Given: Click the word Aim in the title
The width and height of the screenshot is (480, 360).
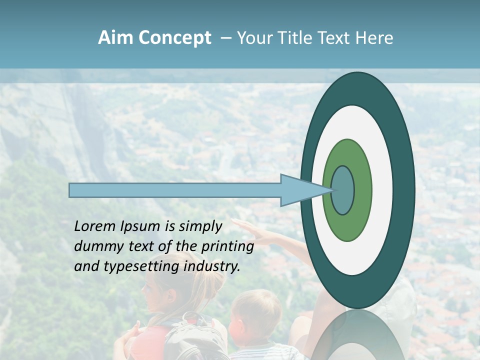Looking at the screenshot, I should click(x=116, y=38).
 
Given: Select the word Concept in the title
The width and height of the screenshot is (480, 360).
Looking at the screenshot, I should click(x=175, y=38).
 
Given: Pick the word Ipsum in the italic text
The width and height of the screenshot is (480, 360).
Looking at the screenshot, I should click(x=140, y=227).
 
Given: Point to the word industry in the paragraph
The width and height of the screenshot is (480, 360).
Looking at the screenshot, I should click(x=212, y=266).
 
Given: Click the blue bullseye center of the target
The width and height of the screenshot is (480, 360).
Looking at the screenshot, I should click(x=343, y=190).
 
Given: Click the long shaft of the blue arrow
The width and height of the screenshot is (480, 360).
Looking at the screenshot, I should click(x=175, y=190).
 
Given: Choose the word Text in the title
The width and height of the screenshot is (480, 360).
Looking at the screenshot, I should click(x=336, y=38).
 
